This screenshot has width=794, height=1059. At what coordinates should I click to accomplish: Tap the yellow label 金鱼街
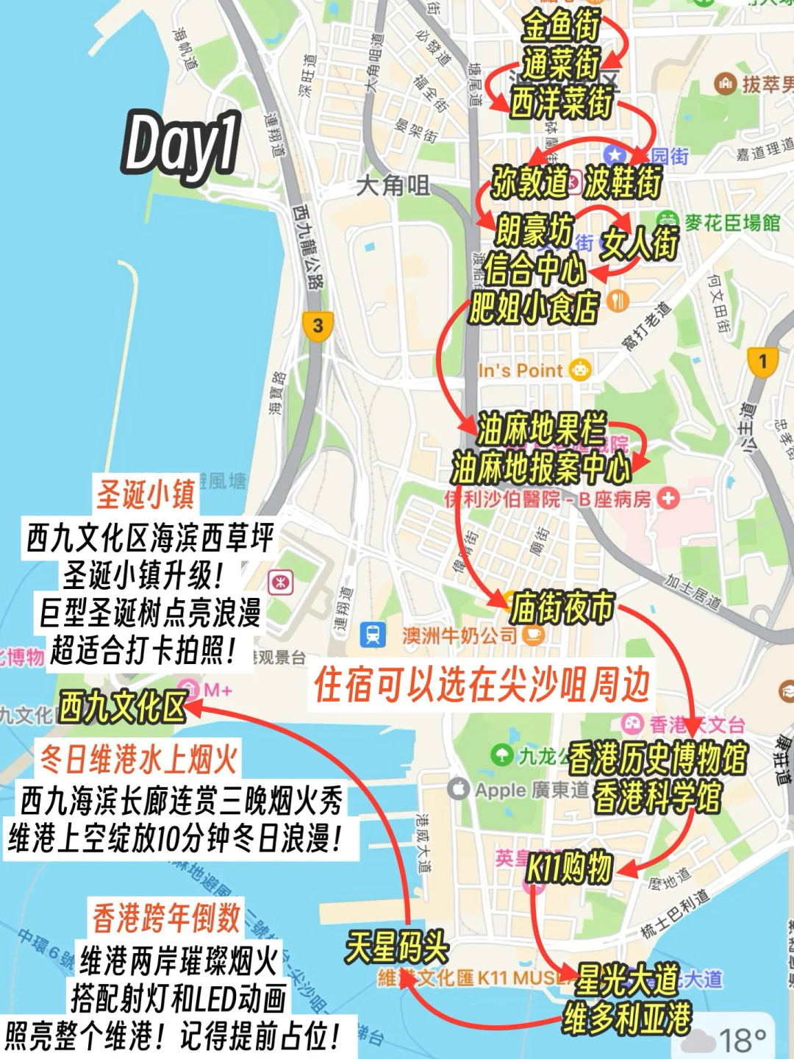coord(561,26)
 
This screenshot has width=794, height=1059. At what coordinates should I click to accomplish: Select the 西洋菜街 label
coord(562,101)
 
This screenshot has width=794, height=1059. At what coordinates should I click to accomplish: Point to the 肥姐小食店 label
coord(534,307)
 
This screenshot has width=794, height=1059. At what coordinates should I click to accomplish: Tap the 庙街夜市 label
coord(562,607)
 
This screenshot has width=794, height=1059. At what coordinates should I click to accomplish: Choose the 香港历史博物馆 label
coord(657,757)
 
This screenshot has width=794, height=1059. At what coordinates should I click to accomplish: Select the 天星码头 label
coord(397,946)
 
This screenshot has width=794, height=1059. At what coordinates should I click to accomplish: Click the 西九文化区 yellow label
coord(123,707)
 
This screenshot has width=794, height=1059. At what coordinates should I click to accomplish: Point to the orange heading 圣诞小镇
coord(146,493)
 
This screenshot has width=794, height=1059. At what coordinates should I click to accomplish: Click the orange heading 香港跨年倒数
coord(166,917)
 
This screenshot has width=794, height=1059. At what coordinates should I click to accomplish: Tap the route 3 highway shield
coord(318,325)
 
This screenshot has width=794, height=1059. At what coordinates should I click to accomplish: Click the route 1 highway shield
coord(762,361)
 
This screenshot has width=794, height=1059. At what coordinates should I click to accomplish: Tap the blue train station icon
coord(373,635)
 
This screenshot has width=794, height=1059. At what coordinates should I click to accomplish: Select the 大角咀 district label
coord(393,185)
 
